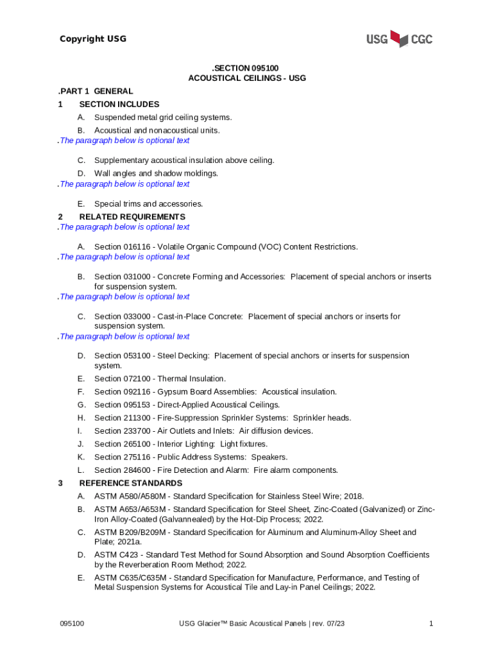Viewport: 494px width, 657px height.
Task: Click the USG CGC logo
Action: (x=399, y=39)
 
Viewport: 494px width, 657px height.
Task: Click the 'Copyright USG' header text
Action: (x=93, y=39)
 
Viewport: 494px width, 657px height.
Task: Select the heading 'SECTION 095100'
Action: (x=246, y=67)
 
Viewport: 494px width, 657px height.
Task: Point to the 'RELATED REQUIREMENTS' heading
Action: (x=132, y=217)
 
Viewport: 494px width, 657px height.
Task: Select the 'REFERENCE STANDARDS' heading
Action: (x=130, y=483)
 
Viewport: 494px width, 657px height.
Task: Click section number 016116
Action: (x=137, y=247)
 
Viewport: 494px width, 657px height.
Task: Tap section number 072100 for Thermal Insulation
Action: (x=137, y=379)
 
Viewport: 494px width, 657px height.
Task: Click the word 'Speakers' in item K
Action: (x=269, y=457)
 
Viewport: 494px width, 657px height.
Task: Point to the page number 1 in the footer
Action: (x=432, y=624)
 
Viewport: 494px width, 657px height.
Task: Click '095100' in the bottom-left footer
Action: (x=72, y=624)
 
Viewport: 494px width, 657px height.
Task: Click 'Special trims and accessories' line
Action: (x=148, y=204)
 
